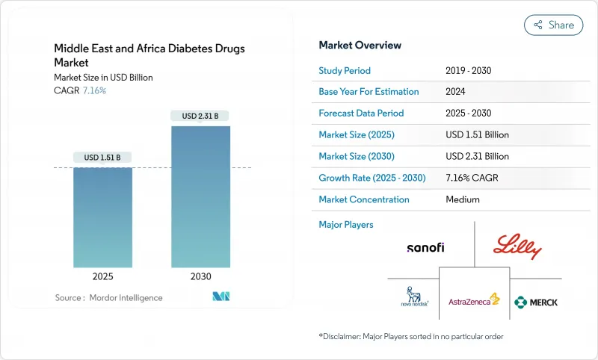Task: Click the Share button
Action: click(554, 25)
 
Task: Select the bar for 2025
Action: click(102, 217)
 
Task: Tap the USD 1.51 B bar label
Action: click(102, 157)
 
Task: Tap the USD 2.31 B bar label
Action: click(200, 116)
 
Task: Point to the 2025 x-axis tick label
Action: click(102, 276)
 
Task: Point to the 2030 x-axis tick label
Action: click(200, 276)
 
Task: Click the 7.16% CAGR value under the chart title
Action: click(93, 90)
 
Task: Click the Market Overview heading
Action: click(360, 46)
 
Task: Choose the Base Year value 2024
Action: click(456, 92)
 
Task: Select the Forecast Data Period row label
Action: click(361, 114)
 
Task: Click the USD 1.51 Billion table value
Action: click(477, 135)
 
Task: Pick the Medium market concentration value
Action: click(462, 199)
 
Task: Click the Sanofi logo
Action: click(425, 247)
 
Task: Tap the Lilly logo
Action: click(517, 247)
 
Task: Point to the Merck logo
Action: click(536, 302)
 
